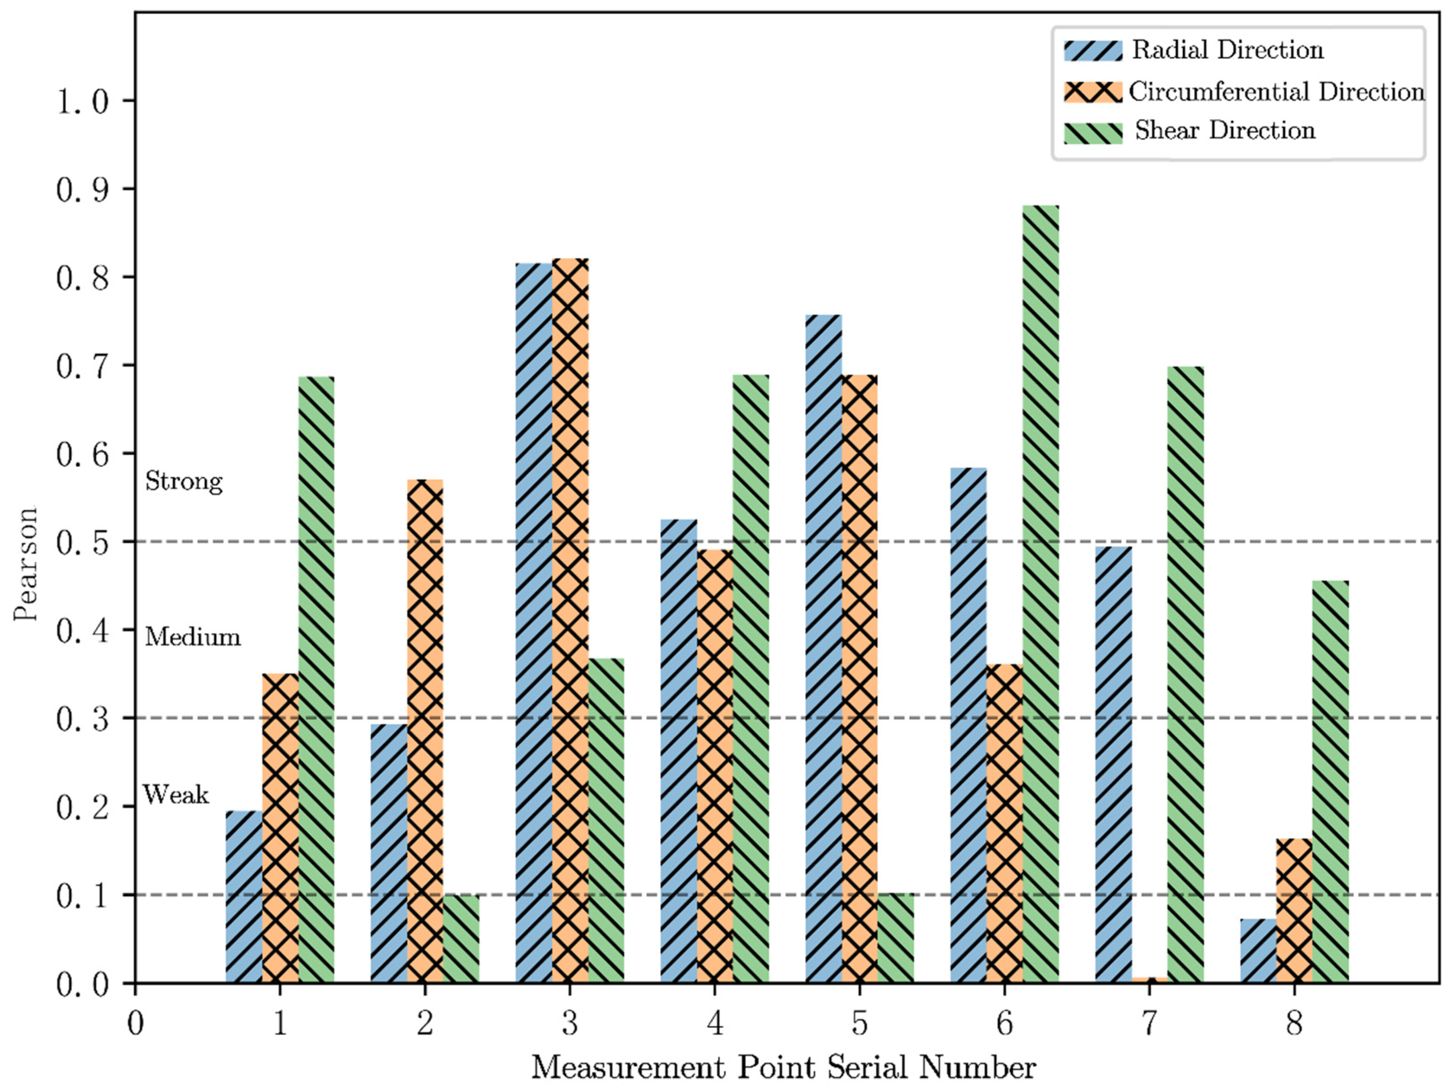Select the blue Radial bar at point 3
click(533, 623)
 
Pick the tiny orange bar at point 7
click(1149, 980)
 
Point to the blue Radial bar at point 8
click(1258, 951)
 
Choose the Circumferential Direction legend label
click(1275, 92)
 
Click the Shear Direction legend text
click(1225, 130)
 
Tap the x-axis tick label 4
click(714, 1023)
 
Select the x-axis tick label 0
click(135, 1023)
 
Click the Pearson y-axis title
click(26, 564)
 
